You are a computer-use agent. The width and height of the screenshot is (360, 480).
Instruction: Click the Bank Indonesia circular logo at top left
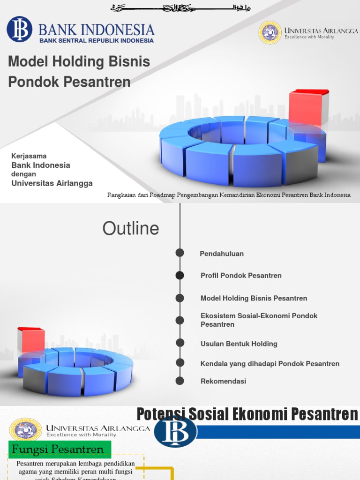point(19,29)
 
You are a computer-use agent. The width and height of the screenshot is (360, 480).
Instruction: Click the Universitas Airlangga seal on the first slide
point(270,32)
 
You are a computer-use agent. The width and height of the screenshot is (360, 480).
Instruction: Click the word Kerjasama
point(29,156)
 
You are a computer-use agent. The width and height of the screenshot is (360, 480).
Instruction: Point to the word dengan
point(23,174)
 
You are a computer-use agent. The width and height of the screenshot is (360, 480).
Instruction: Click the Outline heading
point(131,229)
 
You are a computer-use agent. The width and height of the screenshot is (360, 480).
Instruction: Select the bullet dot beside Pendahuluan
point(180,253)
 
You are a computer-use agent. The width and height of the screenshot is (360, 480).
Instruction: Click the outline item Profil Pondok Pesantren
point(241,276)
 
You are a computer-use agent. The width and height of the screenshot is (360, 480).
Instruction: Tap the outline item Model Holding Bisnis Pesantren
point(254,298)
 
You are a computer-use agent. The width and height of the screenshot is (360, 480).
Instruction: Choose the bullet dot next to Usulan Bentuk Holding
point(180,343)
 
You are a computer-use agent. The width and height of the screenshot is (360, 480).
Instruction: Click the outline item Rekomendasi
point(223,381)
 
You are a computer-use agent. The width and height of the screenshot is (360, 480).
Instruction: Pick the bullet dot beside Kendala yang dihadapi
point(180,362)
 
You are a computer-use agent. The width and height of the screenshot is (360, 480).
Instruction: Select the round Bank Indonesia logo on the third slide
point(176,431)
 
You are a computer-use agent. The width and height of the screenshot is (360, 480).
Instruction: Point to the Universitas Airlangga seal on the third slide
point(26,429)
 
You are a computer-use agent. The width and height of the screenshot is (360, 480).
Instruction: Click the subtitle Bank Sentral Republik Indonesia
point(96,40)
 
